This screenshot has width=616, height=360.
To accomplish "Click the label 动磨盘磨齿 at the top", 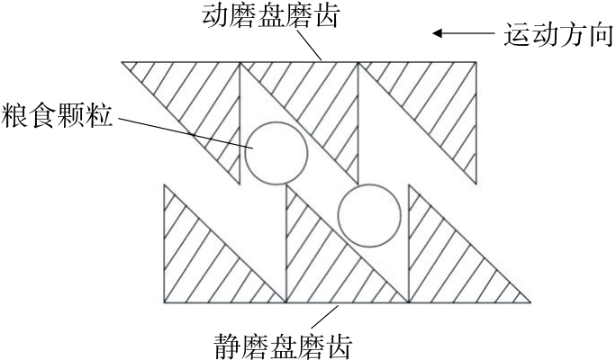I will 267,16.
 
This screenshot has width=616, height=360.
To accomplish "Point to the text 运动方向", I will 557,37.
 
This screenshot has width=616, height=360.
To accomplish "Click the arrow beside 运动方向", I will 461,35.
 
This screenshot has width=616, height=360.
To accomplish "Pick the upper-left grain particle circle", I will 276,150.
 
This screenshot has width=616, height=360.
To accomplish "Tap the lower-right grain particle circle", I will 369,215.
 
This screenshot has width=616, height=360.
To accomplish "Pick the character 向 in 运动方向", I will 599,37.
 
